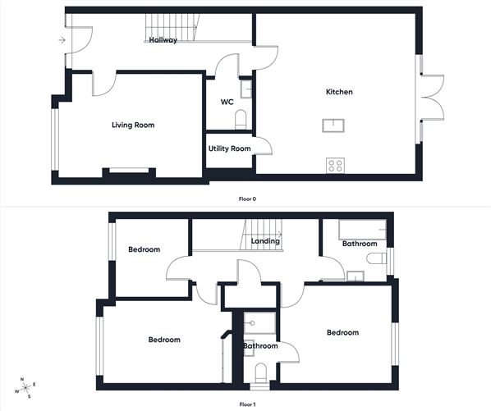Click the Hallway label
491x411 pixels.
pos(163,40)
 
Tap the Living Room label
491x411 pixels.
pos(133,125)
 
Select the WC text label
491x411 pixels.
pos(227,103)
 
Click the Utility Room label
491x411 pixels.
pos(229,148)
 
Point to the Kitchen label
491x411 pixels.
pos(339,92)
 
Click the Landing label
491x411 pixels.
pos(266,241)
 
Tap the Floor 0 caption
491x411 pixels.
pos(246,199)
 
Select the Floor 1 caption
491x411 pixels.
pos(246,404)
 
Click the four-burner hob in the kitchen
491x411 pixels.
pos(335,165)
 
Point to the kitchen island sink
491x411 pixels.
pos(335,126)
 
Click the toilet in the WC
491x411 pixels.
pos(241,121)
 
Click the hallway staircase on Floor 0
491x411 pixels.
pos(172,26)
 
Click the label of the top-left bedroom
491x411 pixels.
pos(144,249)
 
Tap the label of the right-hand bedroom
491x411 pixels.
pos(342,332)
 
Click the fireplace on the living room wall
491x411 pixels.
pos(127,171)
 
